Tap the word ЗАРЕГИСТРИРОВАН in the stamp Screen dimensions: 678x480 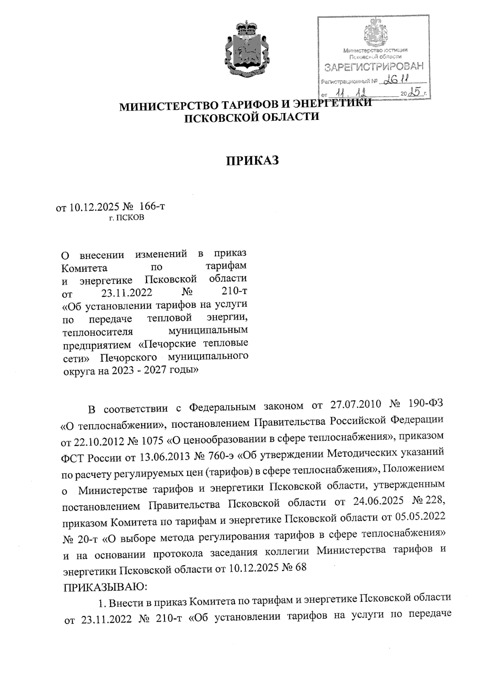click(x=373, y=68)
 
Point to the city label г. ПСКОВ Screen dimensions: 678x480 click(x=127, y=218)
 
